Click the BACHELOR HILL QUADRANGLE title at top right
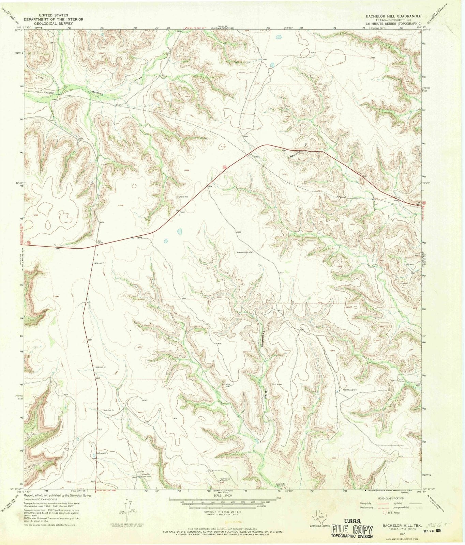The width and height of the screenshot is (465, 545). click(x=393, y=16)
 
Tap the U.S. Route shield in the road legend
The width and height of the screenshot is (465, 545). click(x=386, y=512)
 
